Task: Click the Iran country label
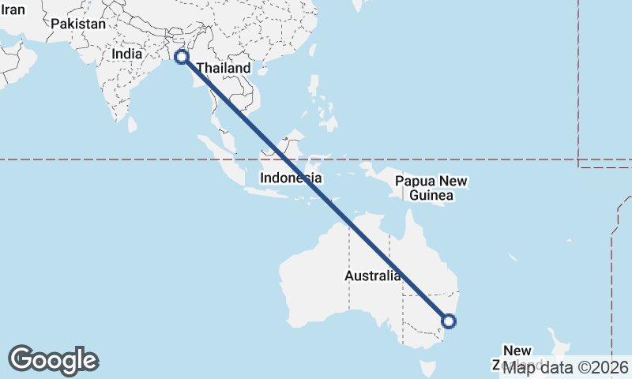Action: [14, 10]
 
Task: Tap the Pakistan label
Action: [78, 24]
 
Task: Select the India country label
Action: [127, 54]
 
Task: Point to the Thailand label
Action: [224, 68]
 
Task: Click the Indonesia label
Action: [291, 178]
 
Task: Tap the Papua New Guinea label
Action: [431, 188]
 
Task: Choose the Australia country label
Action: [372, 276]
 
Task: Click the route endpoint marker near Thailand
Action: [181, 57]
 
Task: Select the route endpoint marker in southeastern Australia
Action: [448, 321]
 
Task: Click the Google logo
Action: [53, 360]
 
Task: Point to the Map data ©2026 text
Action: [566, 367]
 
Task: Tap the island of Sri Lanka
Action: [133, 123]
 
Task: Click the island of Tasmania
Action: [429, 368]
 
